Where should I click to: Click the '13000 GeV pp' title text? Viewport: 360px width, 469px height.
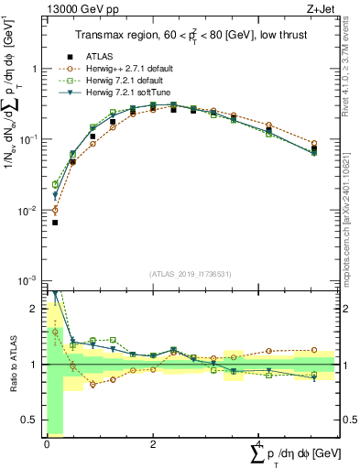point(79,11)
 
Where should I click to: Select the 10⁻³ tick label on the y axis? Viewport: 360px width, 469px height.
point(29,280)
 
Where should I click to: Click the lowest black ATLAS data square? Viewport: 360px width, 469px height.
point(55,223)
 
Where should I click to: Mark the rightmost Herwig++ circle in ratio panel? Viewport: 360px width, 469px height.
point(314,350)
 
